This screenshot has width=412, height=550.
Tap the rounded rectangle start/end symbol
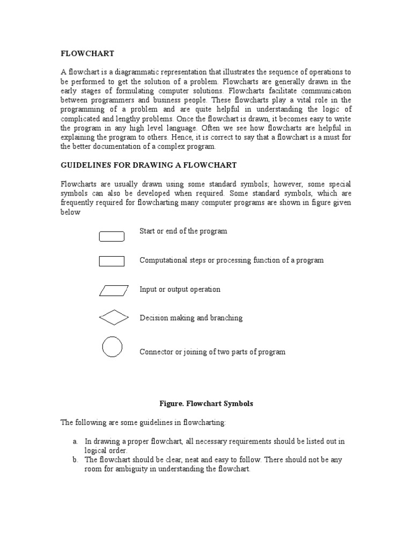pyautogui.click(x=112, y=236)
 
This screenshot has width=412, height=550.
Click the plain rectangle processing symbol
pyautogui.click(x=112, y=262)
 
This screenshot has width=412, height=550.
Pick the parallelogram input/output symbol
pyautogui.click(x=114, y=291)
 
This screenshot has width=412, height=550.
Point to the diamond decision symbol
pyautogui.click(x=114, y=318)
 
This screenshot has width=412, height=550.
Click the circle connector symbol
pyautogui.click(x=112, y=346)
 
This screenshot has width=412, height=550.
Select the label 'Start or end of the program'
pyautogui.click(x=183, y=231)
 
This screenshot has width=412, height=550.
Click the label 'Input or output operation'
pyautogui.click(x=180, y=290)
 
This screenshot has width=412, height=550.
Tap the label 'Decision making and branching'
pyautogui.click(x=191, y=318)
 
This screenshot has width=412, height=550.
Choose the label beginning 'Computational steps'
pyautogui.click(x=231, y=260)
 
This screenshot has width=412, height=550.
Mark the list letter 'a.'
pyautogui.click(x=76, y=442)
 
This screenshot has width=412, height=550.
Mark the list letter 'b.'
pyautogui.click(x=76, y=460)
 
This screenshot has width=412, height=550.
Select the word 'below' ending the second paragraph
pyautogui.click(x=70, y=212)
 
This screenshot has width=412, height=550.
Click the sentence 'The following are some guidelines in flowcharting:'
pyautogui.click(x=148, y=423)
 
